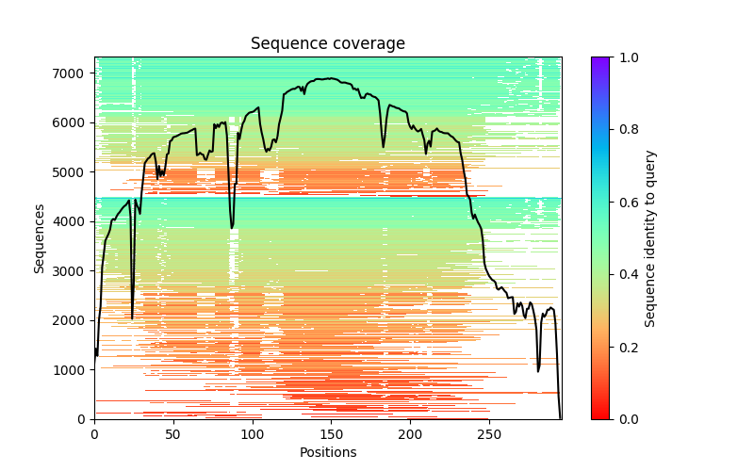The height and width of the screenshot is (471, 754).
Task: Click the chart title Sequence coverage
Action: [327, 43]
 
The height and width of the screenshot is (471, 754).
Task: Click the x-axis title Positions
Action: [327, 452]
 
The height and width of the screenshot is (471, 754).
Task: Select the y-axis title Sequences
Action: [40, 237]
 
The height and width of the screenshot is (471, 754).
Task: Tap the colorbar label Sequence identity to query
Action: [650, 237]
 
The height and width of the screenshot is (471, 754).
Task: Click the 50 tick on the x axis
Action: [173, 433]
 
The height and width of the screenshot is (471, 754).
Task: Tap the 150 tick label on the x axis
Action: [331, 433]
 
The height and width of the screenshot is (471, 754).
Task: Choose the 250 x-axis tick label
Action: [488, 433]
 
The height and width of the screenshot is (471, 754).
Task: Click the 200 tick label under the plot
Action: [410, 433]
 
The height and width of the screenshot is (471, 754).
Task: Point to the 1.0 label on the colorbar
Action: [626, 57]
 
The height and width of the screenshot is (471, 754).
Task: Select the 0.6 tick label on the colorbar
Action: [626, 203]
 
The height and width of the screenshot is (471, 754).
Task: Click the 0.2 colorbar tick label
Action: [626, 347]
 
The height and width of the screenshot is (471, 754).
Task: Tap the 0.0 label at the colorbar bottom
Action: [626, 419]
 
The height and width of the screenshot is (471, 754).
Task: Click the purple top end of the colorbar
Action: [599, 60]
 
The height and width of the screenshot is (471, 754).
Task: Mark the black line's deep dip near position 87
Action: [232, 228]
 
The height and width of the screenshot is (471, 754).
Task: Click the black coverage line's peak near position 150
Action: [331, 79]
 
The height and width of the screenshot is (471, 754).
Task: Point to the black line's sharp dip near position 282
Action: [538, 370]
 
